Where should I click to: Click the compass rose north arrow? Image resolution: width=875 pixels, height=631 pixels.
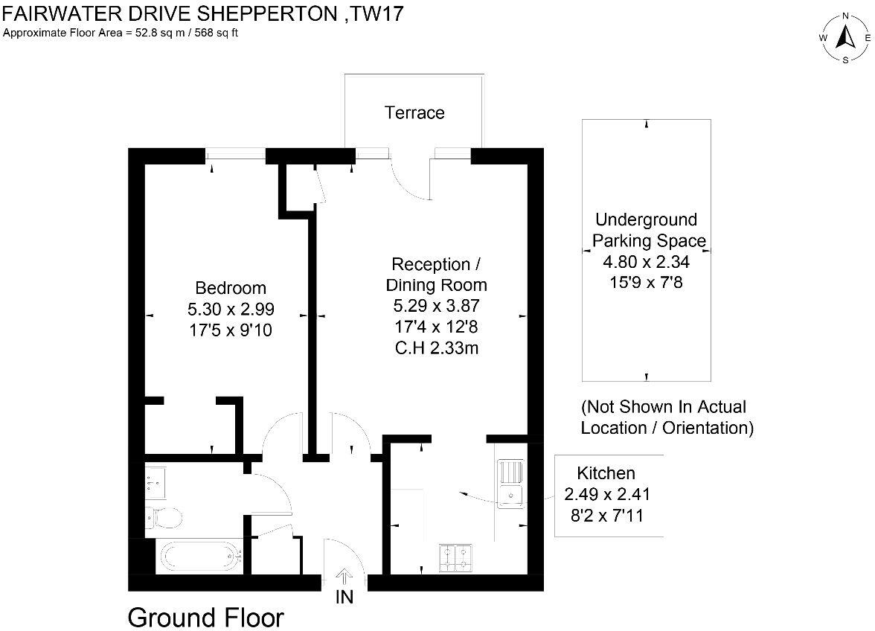pos(845,37)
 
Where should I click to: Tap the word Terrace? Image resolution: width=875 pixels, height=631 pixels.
pos(414,113)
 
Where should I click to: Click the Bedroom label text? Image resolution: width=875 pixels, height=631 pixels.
pos(230,288)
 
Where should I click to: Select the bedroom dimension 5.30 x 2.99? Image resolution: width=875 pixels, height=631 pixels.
pos(230,309)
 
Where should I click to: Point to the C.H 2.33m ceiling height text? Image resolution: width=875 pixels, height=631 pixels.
pos(436,347)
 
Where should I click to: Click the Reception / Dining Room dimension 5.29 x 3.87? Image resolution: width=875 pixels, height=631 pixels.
pos(436,305)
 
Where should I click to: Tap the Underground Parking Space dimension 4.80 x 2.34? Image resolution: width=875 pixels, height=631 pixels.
pos(646,261)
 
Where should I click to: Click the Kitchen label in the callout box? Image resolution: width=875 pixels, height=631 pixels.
pos(606,473)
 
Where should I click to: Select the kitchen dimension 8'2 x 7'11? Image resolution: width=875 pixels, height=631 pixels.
pos(606,513)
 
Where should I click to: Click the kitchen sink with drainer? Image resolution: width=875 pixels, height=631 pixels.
pos(510,484)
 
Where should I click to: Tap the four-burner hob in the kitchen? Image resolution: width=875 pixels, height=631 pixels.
pos(457,559)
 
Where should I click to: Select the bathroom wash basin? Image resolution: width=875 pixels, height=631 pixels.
pos(156,482)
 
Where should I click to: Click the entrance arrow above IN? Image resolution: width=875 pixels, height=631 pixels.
pos(344,576)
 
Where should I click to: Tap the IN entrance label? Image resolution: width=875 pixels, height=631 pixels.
pos(344,597)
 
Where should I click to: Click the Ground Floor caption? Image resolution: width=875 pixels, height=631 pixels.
pos(206,618)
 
